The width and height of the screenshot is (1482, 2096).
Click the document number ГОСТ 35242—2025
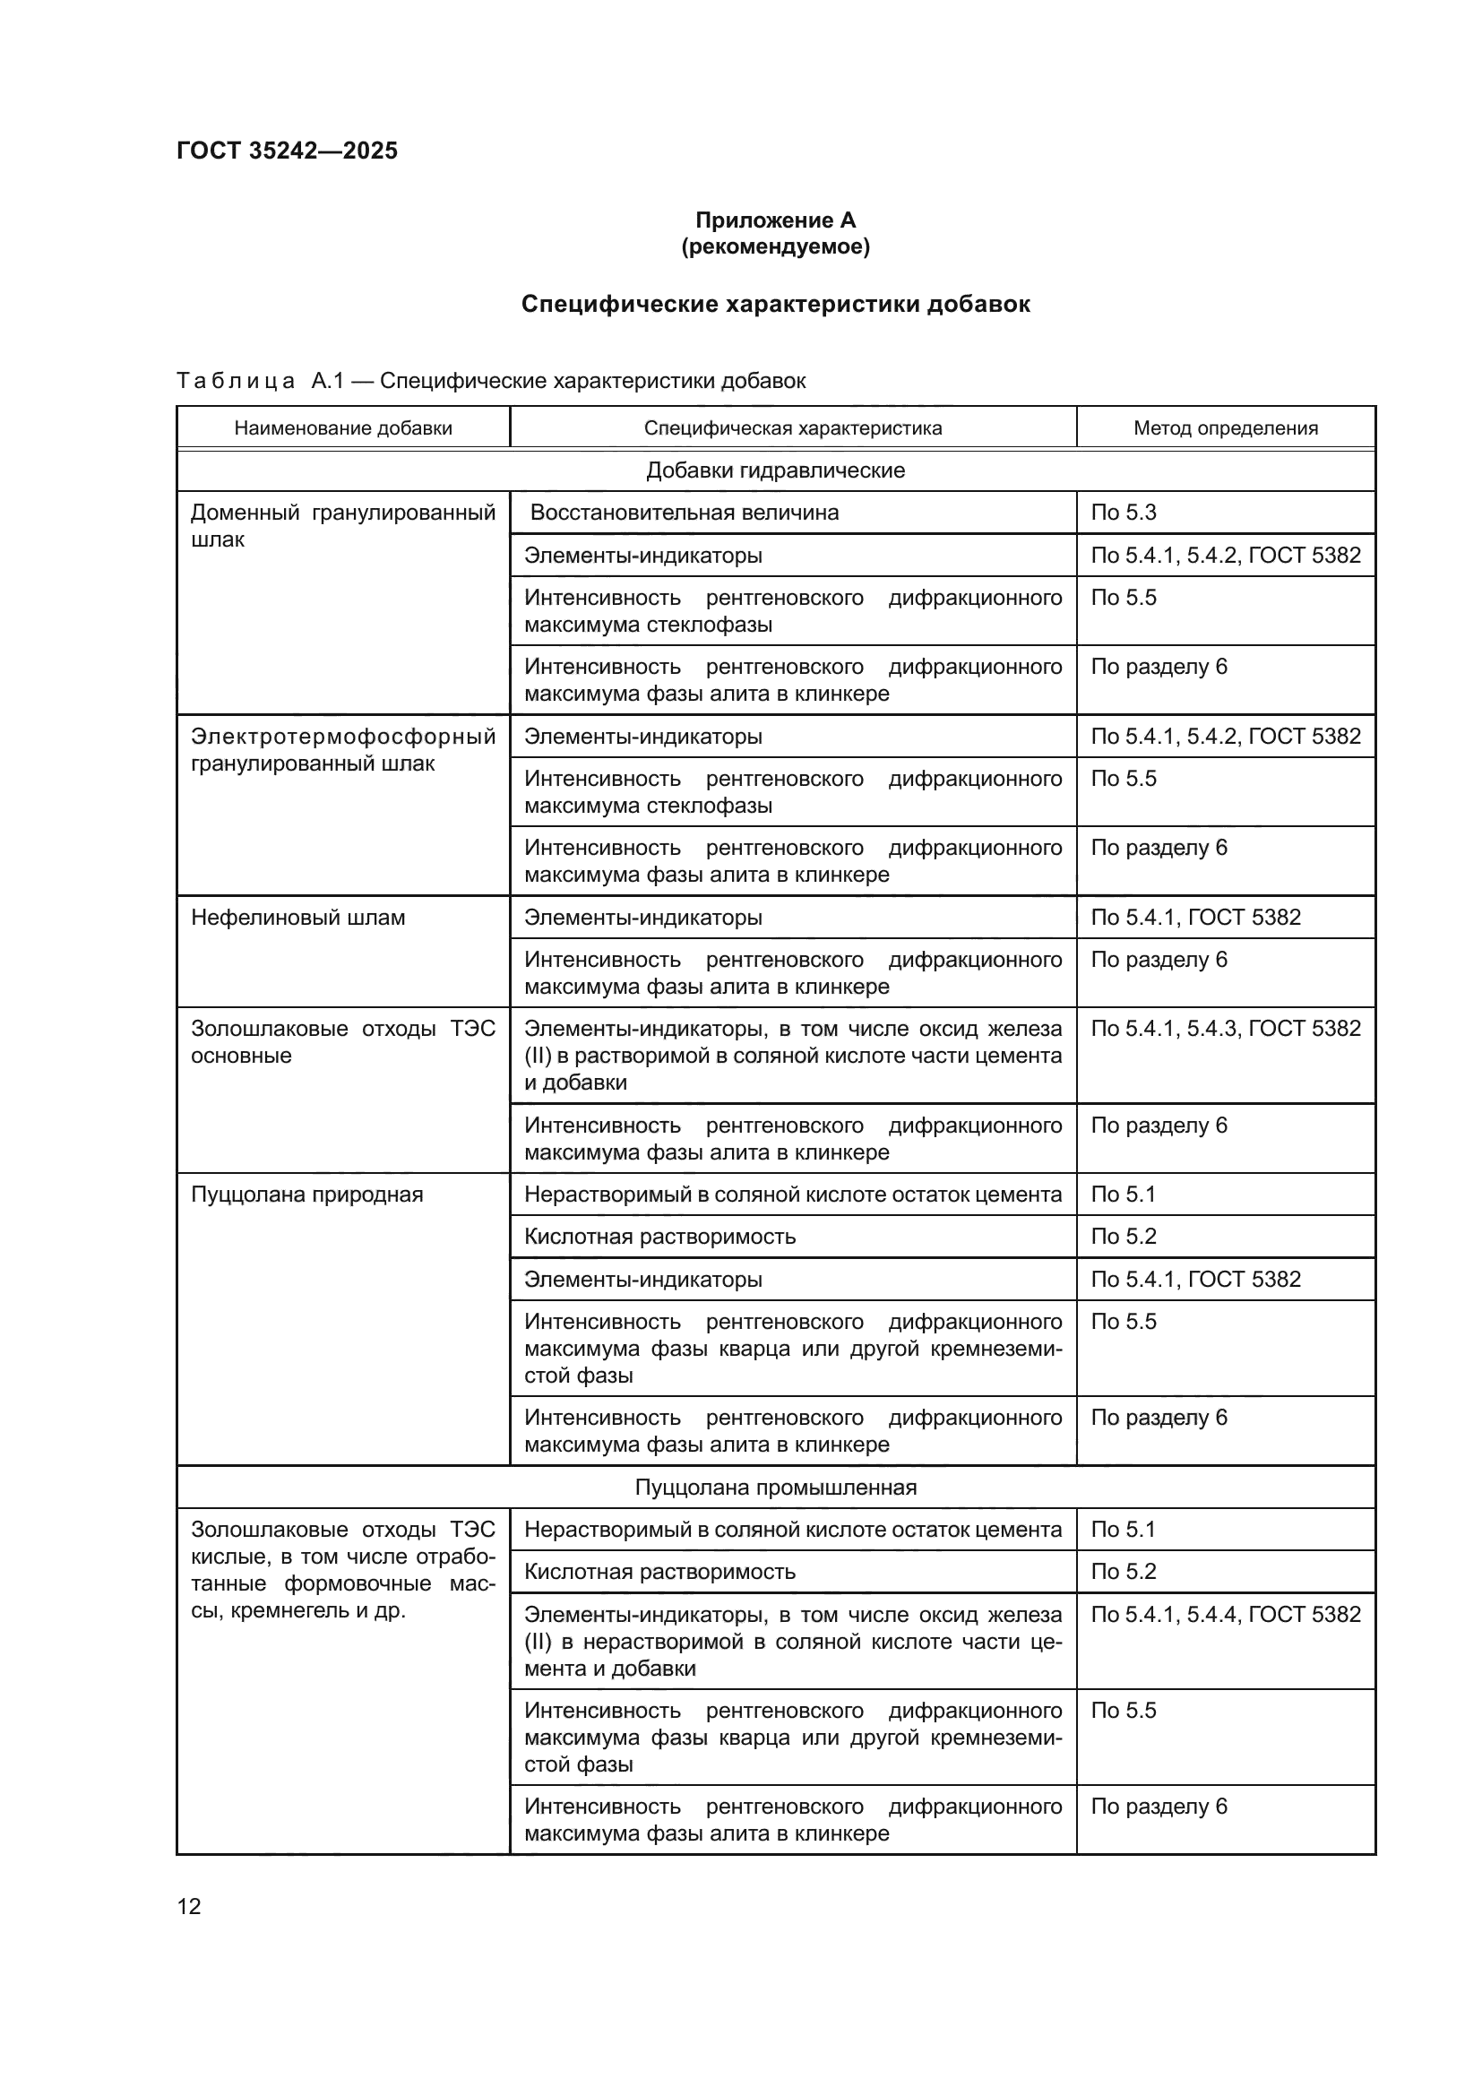[x=287, y=151]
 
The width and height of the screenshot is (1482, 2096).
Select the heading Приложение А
[x=775, y=220]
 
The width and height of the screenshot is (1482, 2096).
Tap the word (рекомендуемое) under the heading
[x=775, y=246]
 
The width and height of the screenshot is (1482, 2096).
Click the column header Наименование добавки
[x=343, y=428]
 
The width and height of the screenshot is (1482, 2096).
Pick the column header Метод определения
[x=1225, y=428]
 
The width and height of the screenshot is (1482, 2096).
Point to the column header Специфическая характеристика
[x=792, y=428]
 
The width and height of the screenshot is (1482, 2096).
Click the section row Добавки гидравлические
[x=775, y=470]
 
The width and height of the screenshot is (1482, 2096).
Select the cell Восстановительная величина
[x=684, y=513]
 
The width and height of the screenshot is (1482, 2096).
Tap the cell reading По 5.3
[x=1124, y=513]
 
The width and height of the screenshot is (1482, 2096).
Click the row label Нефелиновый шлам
[x=297, y=918]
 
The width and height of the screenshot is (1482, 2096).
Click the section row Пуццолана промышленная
[x=775, y=1488]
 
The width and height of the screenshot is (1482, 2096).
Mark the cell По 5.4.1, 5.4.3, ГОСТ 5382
[x=1225, y=1028]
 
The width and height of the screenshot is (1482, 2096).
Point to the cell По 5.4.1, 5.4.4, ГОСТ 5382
[x=1225, y=1614]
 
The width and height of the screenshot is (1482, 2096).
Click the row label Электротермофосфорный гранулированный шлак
[x=343, y=749]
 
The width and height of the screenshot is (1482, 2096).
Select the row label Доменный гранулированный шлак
[x=343, y=526]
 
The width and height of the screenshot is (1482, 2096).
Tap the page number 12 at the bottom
[x=189, y=1906]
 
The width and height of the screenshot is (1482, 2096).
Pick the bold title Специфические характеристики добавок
[x=775, y=304]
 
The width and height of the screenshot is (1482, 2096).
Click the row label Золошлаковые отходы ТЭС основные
[x=343, y=1041]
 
